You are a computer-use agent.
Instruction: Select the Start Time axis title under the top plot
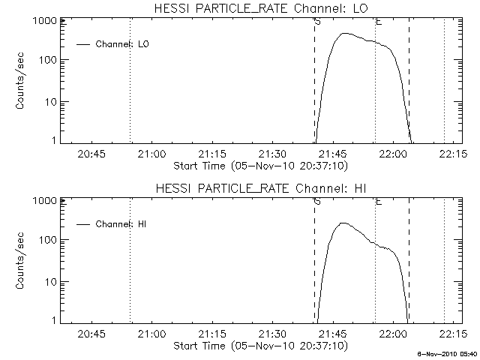point(259,165)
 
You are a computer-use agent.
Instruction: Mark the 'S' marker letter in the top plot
point(318,22)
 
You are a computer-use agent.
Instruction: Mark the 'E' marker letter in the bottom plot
point(379,201)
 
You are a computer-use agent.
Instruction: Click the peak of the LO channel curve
point(343,33)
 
